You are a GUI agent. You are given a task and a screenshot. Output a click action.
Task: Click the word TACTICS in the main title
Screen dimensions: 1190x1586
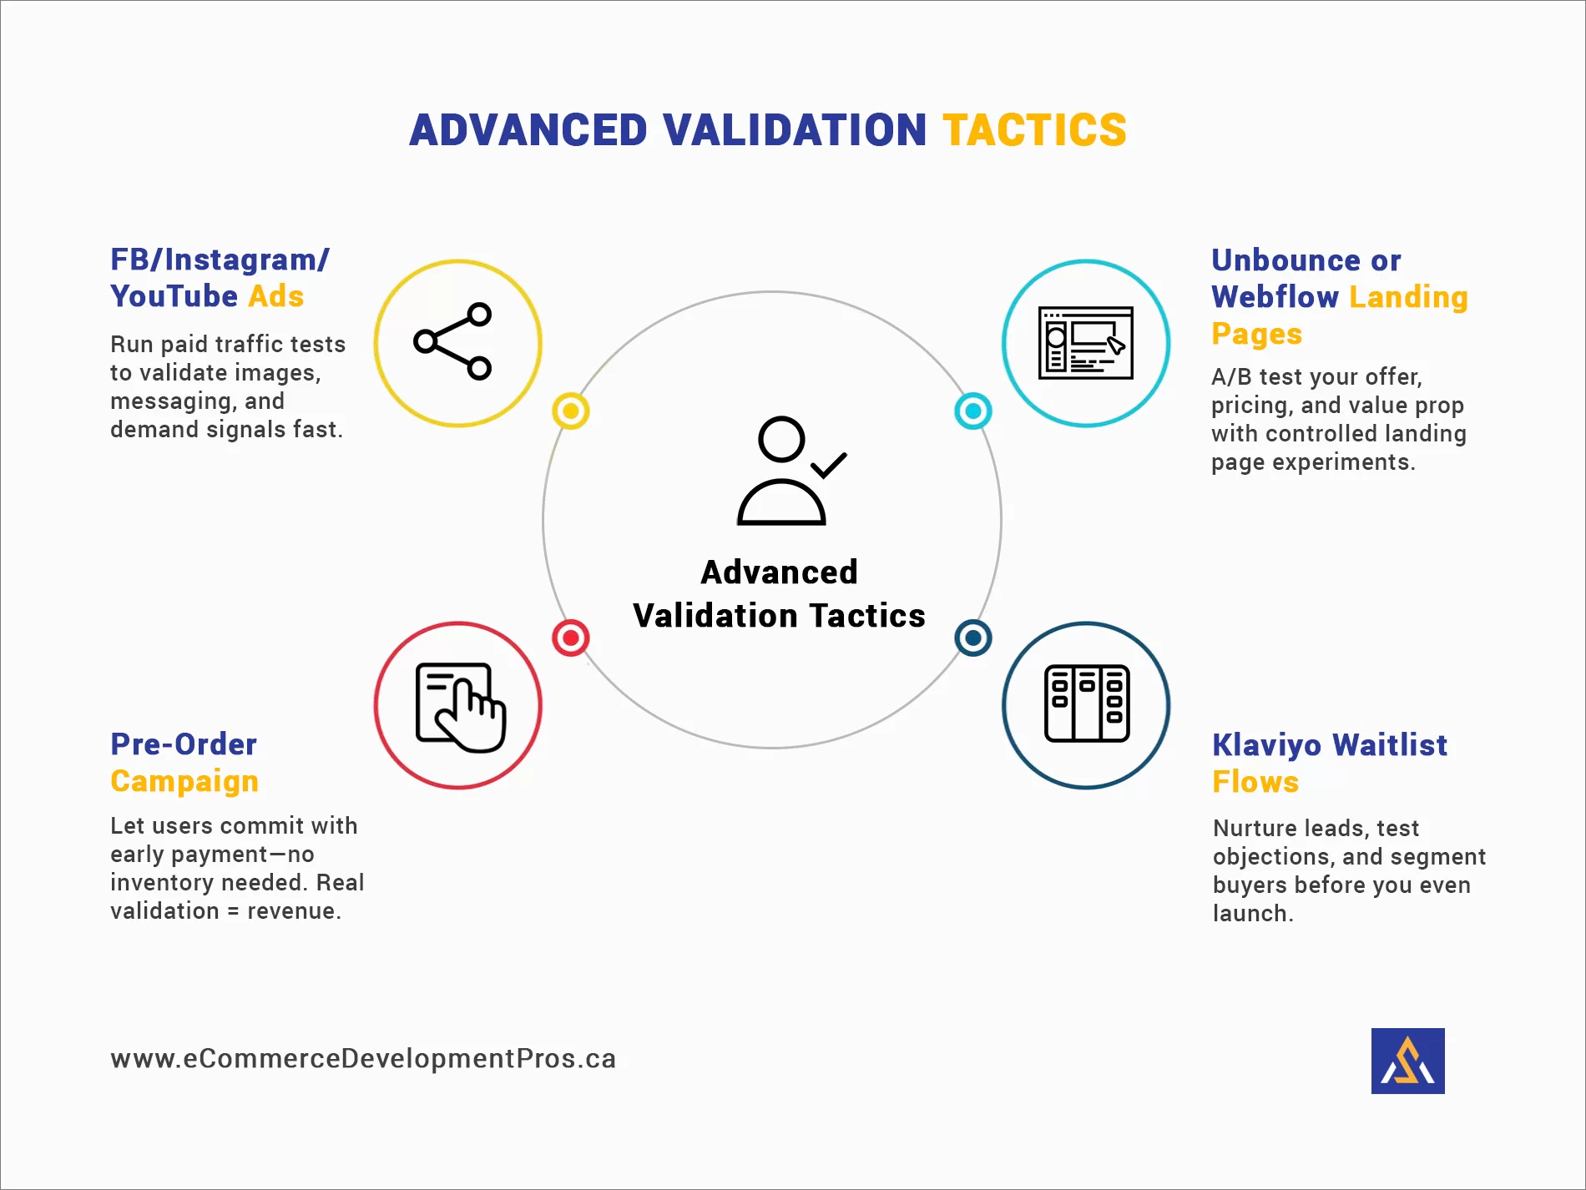[x=1034, y=130]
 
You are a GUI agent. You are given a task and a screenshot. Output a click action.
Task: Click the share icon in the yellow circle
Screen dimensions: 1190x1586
[x=453, y=341]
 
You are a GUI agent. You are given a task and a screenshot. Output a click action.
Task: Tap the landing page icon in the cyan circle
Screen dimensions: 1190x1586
[x=1085, y=343]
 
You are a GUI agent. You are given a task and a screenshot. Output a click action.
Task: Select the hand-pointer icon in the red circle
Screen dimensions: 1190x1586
[x=460, y=707]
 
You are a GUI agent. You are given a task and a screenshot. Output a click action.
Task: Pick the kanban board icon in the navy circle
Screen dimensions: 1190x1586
[x=1086, y=703]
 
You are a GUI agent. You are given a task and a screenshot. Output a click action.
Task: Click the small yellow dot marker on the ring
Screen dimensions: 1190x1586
[x=571, y=411]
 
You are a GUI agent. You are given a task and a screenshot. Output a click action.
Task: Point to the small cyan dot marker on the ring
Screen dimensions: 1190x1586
[x=972, y=411]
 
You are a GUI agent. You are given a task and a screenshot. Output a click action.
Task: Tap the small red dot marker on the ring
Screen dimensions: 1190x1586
[x=571, y=638]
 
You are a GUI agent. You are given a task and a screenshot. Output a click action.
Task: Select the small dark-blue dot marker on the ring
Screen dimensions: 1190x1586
[x=972, y=638]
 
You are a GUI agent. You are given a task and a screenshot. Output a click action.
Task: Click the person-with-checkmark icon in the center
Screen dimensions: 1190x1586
[x=789, y=471]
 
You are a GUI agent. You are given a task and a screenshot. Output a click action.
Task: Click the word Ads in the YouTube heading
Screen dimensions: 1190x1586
[x=276, y=296]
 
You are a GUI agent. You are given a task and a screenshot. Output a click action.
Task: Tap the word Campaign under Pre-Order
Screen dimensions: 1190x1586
[x=184, y=781]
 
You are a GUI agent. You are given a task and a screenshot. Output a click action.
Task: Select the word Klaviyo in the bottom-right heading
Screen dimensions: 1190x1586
[x=1266, y=744]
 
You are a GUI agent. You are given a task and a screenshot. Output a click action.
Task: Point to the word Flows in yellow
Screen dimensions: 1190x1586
[x=1255, y=782]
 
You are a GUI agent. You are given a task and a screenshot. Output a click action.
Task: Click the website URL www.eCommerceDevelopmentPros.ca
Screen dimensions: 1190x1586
[x=363, y=1058]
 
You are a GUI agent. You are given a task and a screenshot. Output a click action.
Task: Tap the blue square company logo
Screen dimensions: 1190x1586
[x=1407, y=1061]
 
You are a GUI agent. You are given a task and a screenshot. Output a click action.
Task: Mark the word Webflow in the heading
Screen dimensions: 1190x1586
[x=1275, y=297]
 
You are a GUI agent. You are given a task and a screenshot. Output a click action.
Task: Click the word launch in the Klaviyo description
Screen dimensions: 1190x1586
[x=1250, y=914]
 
